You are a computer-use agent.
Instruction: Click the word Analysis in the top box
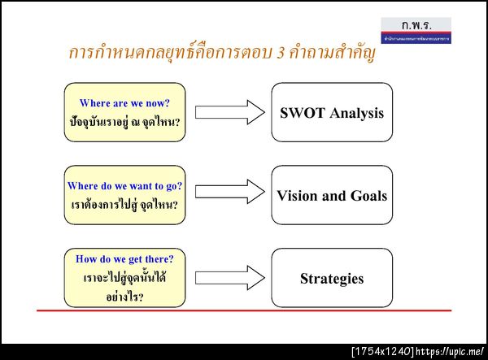[356, 113]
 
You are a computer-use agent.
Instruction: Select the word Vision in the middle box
[297, 196]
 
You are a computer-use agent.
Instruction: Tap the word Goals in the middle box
[364, 196]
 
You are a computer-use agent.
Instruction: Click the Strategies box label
[332, 279]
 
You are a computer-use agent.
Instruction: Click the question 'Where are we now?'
[124, 103]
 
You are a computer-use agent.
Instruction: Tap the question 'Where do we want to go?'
[124, 186]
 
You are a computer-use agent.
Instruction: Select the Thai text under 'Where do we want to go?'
[124, 206]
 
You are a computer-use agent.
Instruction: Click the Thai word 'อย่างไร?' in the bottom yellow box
[124, 297]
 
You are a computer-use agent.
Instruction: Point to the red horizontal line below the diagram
[244, 310]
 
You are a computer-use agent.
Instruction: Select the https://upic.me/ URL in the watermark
[450, 352]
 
